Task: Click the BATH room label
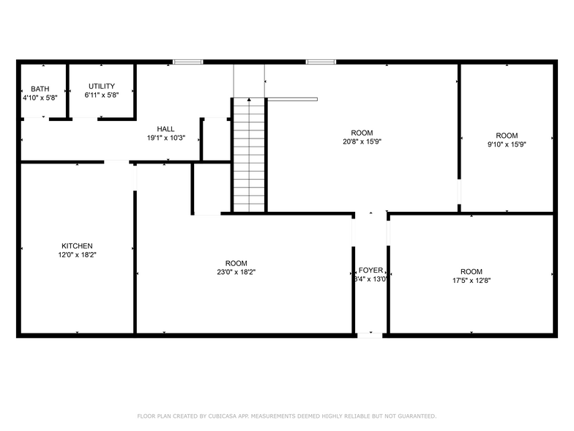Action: tap(40, 88)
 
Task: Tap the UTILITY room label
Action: tap(101, 86)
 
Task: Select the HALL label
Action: tap(165, 129)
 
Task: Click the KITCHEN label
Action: tap(77, 246)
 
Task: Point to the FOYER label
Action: tap(370, 270)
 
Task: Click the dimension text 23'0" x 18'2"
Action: tap(236, 272)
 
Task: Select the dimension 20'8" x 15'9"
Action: tap(362, 141)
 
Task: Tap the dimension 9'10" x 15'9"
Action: tap(507, 144)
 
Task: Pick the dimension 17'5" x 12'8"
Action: tap(471, 279)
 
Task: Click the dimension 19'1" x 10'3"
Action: tap(165, 138)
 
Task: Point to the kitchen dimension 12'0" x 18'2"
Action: tap(77, 254)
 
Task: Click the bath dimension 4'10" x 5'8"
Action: tap(40, 97)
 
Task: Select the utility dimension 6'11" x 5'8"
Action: tap(101, 95)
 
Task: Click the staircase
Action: tap(249, 154)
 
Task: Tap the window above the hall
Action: tap(187, 62)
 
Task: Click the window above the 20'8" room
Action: tap(321, 62)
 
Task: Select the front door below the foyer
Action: tap(369, 335)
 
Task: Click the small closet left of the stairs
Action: tap(216, 139)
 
